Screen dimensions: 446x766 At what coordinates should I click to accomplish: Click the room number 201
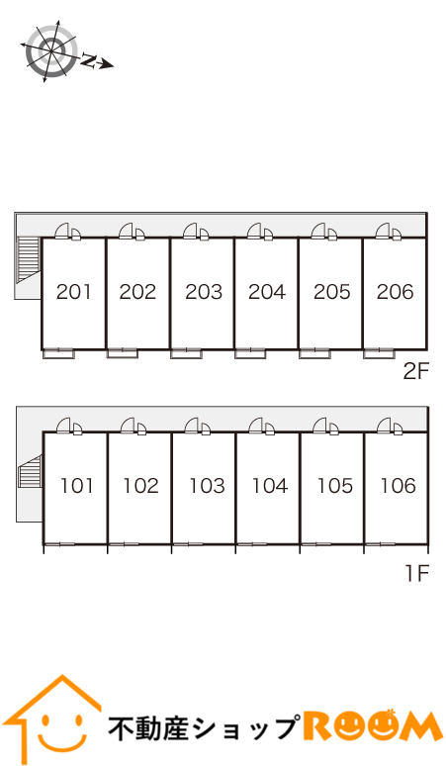click(x=74, y=292)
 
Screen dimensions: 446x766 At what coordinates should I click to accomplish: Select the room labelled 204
click(x=266, y=292)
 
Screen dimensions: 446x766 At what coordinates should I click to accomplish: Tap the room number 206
click(x=396, y=292)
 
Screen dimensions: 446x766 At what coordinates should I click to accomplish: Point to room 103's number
click(x=207, y=486)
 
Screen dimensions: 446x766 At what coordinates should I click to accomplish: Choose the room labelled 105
click(x=334, y=486)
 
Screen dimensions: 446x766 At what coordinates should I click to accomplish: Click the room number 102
click(x=140, y=486)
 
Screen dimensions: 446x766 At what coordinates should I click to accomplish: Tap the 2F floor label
click(x=415, y=372)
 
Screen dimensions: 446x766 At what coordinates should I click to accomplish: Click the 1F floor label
click(x=417, y=573)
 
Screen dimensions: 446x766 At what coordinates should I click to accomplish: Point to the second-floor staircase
click(x=29, y=260)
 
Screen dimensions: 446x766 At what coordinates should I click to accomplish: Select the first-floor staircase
click(x=30, y=472)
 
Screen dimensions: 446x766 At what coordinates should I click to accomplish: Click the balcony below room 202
click(x=122, y=353)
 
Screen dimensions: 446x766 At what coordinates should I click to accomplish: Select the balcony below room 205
click(x=314, y=353)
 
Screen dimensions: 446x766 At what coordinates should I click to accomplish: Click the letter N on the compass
click(x=89, y=60)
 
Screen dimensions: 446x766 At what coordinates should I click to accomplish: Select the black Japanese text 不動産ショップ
click(x=203, y=728)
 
